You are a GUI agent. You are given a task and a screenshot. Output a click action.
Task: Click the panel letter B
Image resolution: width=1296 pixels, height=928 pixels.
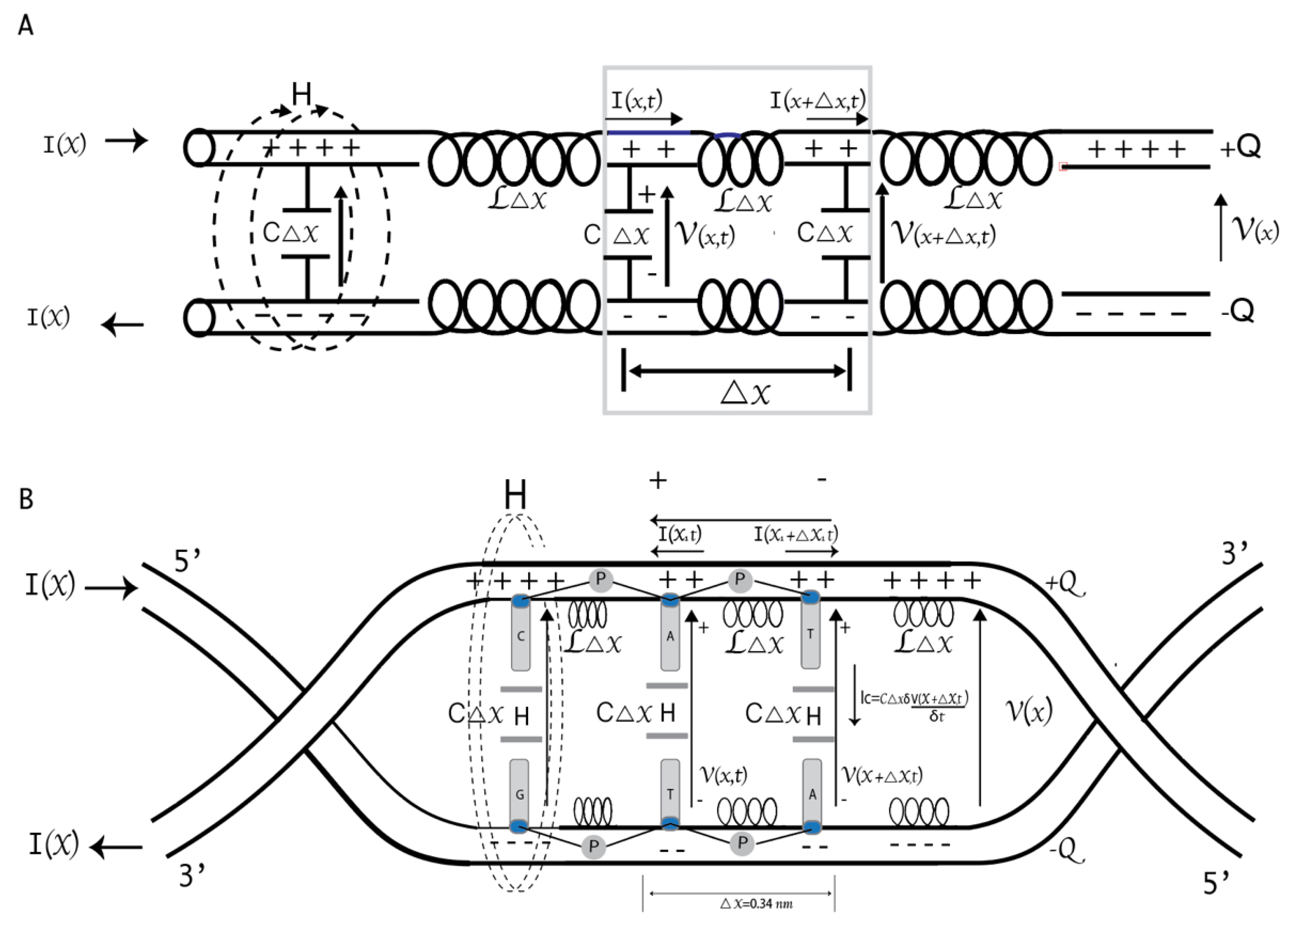26,499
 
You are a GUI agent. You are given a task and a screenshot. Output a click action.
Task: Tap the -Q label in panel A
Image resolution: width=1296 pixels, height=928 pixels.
1238,311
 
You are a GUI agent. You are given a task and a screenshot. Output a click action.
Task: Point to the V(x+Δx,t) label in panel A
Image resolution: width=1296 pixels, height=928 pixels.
943,234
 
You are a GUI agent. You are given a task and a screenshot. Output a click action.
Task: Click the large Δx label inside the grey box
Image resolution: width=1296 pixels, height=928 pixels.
746,393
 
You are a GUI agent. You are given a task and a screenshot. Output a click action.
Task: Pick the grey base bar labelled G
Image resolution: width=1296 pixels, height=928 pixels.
519,794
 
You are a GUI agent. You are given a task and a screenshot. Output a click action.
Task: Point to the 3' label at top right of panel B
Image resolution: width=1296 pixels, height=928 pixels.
1234,554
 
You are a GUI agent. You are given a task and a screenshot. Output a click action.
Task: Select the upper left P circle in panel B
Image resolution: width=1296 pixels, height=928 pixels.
600,580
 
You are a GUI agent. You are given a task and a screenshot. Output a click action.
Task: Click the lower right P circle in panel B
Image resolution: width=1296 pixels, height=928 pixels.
742,842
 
